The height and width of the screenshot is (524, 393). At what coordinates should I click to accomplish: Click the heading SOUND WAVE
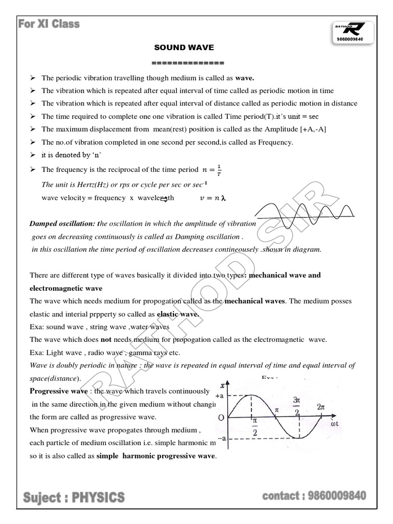[184, 48]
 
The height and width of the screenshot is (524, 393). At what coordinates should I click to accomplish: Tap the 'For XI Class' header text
[49, 24]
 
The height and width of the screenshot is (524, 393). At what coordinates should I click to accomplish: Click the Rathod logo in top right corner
[353, 29]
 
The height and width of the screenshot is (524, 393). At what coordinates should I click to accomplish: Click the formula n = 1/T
[212, 169]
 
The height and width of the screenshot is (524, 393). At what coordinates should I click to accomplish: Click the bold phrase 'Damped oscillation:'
[62, 224]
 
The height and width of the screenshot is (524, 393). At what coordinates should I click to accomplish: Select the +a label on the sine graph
[220, 396]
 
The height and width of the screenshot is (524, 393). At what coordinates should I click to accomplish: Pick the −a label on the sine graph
[221, 439]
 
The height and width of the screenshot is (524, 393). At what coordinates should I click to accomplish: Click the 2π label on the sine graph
[321, 407]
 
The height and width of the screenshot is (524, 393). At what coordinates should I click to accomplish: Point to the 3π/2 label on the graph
[297, 405]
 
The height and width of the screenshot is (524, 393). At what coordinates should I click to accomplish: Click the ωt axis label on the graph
[335, 424]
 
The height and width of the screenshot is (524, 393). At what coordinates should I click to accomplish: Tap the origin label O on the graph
[221, 418]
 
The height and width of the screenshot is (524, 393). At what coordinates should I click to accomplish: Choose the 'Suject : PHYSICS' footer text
[74, 496]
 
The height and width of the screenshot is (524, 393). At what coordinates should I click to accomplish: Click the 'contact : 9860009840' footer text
[314, 495]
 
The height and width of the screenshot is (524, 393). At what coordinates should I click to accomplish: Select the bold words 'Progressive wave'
[59, 391]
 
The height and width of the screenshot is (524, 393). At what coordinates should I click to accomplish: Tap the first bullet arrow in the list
[32, 78]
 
